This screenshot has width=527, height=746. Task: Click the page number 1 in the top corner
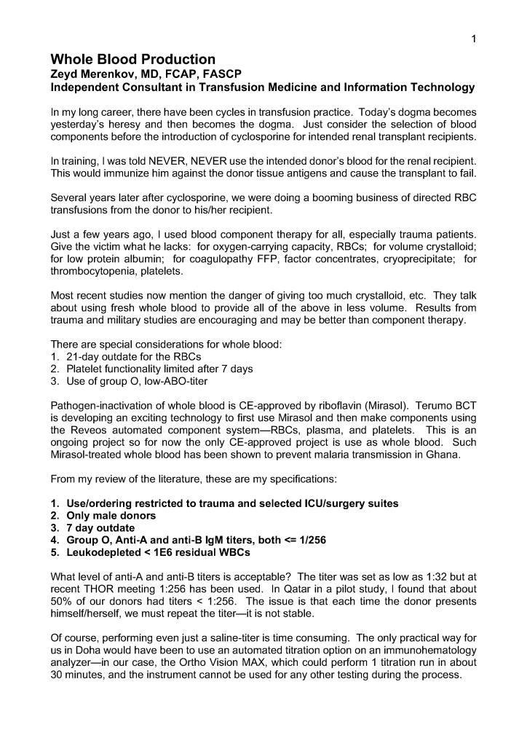[473, 39]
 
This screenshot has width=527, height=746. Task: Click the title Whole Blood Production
[132, 59]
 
